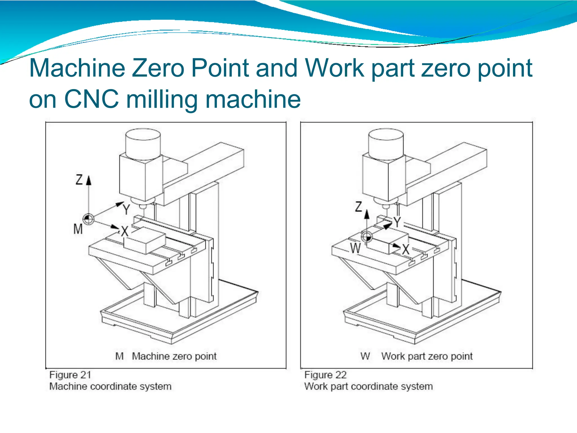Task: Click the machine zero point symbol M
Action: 88,219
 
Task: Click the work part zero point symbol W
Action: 367,237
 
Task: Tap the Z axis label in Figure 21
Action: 79,180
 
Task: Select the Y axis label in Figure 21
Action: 127,210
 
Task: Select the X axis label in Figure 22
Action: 406,249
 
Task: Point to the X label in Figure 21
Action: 125,231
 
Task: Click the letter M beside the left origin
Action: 78,229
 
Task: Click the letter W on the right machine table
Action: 355,248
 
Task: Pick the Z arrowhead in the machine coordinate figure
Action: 89,180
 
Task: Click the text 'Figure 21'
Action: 70,375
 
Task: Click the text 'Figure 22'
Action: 325,375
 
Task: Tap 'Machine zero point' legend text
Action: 174,356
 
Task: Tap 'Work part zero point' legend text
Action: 427,356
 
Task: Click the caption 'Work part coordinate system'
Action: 369,386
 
